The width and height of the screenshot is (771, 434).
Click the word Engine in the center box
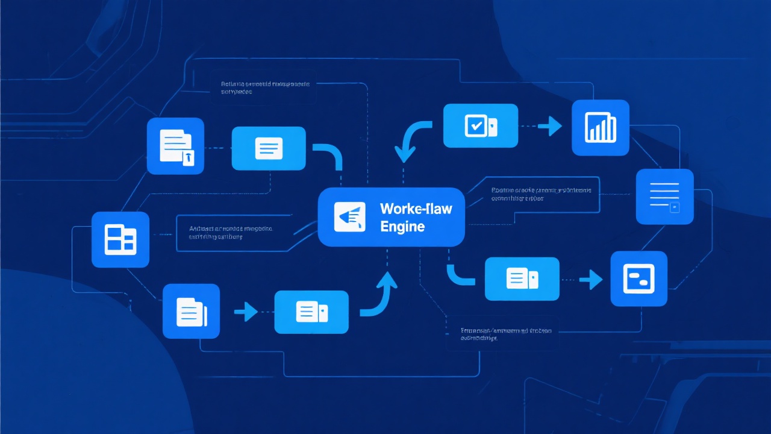click(x=403, y=227)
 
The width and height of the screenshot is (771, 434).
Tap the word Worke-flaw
click(x=416, y=209)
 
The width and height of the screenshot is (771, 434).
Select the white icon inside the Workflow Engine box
click(x=349, y=216)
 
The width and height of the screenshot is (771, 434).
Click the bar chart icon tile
click(x=600, y=128)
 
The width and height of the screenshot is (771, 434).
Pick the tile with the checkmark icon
click(x=480, y=125)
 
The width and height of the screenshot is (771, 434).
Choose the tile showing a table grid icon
click(x=120, y=239)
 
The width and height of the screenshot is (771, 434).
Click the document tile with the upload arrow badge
click(x=175, y=146)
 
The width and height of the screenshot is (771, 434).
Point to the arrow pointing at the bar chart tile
click(x=549, y=126)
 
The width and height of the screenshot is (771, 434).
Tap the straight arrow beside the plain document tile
click(x=245, y=312)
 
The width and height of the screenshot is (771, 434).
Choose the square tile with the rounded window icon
click(x=638, y=279)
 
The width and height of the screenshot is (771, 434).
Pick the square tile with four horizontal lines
click(x=665, y=197)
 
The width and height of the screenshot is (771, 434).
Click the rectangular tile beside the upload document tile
click(x=268, y=148)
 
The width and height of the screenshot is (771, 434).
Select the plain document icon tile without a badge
click(x=191, y=312)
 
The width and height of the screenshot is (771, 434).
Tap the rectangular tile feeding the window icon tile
click(x=522, y=278)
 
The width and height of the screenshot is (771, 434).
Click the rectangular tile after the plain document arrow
click(x=311, y=312)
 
